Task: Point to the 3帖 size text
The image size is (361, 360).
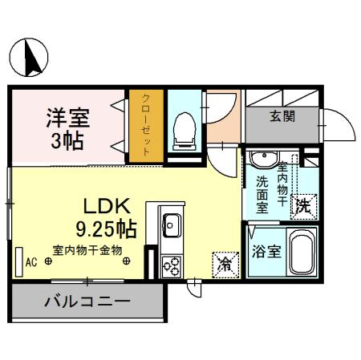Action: pyautogui.click(x=67, y=144)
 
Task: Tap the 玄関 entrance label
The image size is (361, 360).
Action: pyautogui.click(x=282, y=116)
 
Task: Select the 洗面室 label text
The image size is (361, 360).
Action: pyautogui.click(x=262, y=194)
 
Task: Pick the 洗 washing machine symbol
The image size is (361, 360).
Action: pyautogui.click(x=303, y=205)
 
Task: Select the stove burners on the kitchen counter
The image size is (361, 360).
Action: pyautogui.click(x=172, y=264)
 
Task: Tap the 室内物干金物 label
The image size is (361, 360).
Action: pyautogui.click(x=87, y=250)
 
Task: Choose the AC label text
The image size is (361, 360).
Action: pyautogui.click(x=31, y=261)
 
